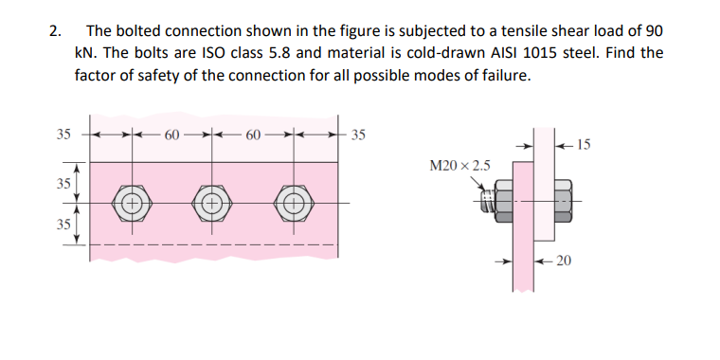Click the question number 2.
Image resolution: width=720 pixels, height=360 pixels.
click(54, 27)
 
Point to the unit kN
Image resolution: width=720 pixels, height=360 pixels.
click(85, 52)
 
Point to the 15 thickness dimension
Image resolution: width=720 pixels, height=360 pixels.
click(583, 145)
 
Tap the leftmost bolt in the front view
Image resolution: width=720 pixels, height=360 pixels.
click(130, 203)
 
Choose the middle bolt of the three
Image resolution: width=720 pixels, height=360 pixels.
click(211, 203)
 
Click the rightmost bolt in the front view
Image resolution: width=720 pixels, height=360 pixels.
click(294, 203)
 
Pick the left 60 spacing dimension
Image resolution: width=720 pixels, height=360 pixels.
click(171, 133)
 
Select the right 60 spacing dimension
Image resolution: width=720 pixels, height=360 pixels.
click(254, 133)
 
